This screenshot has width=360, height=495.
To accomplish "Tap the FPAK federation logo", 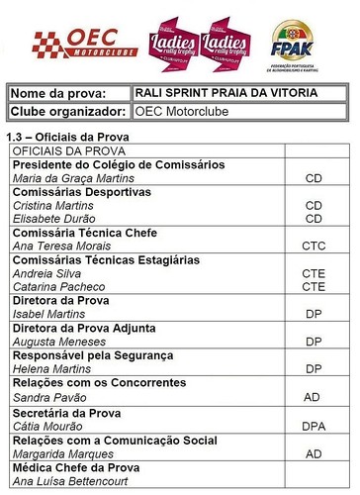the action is pyautogui.click(x=299, y=43).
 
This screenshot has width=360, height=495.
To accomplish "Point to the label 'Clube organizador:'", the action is pyautogui.click(x=68, y=112).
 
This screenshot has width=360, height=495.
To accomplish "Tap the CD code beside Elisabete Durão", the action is pyautogui.click(x=314, y=218).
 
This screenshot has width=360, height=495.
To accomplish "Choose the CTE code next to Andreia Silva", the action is pyautogui.click(x=314, y=272).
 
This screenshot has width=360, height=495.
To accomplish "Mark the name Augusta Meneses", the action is pyautogui.click(x=57, y=341).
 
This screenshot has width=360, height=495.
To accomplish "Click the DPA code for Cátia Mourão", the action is pyautogui.click(x=314, y=426).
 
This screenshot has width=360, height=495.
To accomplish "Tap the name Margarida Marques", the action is pyautogui.click(x=60, y=452).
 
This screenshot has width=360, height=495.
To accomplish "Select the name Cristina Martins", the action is pyautogui.click(x=51, y=204).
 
